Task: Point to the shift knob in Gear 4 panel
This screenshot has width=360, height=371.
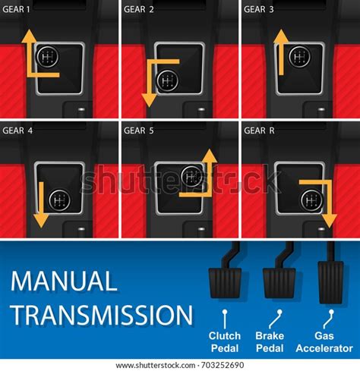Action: pyautogui.click(x=58, y=200)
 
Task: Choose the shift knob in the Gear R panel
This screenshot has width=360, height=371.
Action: pyautogui.click(x=311, y=200)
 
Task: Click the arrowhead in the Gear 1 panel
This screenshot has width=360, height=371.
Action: pyautogui.click(x=27, y=36)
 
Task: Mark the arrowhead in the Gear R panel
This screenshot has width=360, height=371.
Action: pyautogui.click(x=329, y=220)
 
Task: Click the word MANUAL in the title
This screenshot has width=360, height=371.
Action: pyautogui.click(x=64, y=282)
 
